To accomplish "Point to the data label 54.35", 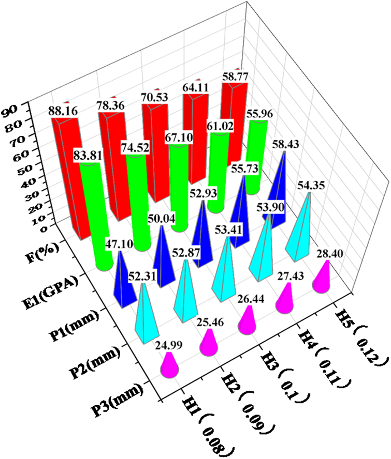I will [310, 186].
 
